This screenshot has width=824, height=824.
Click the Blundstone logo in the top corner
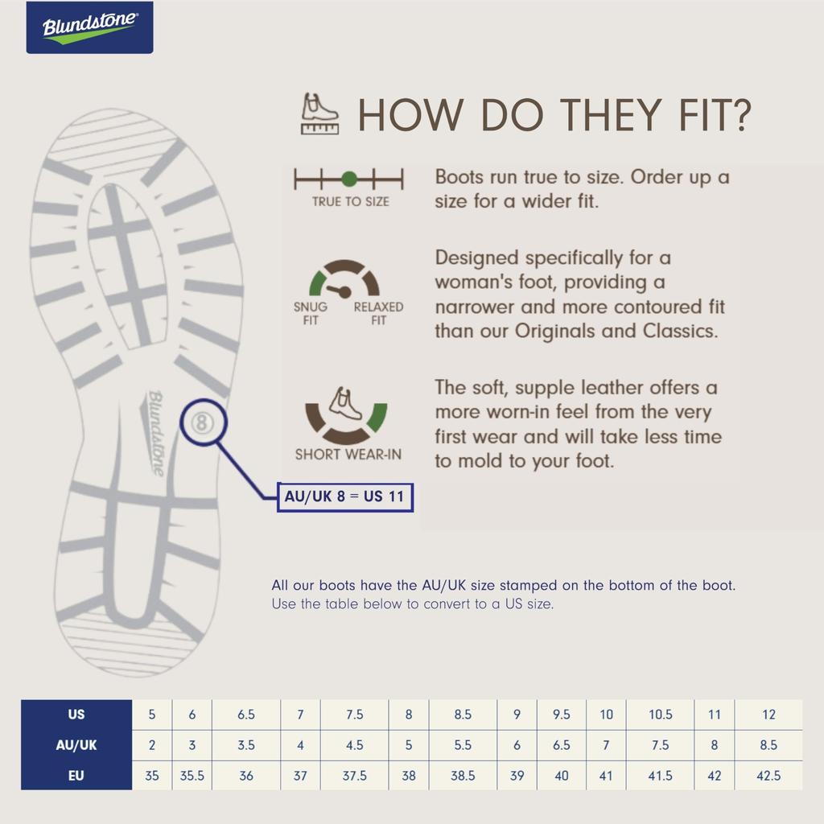tap(90, 27)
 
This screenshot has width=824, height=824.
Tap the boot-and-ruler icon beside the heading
tap(319, 113)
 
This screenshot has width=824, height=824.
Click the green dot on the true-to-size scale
tap(349, 179)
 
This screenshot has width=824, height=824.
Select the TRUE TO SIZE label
tap(351, 201)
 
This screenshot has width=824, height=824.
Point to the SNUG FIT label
tap(310, 313)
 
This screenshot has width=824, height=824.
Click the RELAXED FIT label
tap(378, 313)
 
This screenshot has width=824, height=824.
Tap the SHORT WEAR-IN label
tap(348, 454)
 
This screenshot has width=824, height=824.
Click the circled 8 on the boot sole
tap(202, 422)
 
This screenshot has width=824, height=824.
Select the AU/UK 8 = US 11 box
tap(345, 497)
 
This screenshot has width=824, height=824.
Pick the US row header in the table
tap(76, 715)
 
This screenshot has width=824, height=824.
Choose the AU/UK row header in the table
tap(76, 744)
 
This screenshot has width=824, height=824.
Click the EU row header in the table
tap(76, 775)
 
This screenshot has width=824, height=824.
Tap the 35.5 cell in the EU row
tap(192, 776)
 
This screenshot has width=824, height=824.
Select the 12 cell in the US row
tap(768, 715)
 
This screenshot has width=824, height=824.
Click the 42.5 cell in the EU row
tap(768, 776)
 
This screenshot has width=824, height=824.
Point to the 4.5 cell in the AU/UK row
tap(355, 745)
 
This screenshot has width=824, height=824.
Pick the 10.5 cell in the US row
tap(660, 715)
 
